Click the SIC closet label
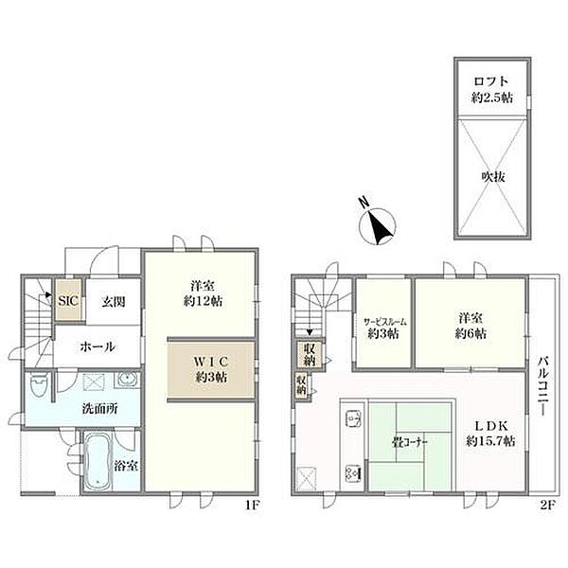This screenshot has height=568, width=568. (x=68, y=301)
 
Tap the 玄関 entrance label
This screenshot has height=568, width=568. (x=114, y=301)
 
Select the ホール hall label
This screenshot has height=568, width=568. (x=98, y=347)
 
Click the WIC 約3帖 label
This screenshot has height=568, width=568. (x=211, y=369)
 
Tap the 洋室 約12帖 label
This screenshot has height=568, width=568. (x=203, y=293)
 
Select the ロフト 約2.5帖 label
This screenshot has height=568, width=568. (x=491, y=90)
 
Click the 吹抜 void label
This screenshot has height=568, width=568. (x=493, y=176)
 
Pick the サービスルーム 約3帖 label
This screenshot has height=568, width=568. (x=383, y=328)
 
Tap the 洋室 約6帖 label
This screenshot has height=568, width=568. (x=470, y=326)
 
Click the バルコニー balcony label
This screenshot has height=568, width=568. (x=542, y=386)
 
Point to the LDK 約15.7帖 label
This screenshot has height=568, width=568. (x=490, y=434)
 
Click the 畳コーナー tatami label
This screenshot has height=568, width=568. (x=410, y=442)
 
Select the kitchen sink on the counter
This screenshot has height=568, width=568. (x=353, y=419)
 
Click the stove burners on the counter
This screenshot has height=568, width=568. (x=353, y=472)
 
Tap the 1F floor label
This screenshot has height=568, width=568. (x=252, y=505)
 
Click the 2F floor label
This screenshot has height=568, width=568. (x=548, y=505)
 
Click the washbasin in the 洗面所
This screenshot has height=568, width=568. (x=127, y=380)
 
